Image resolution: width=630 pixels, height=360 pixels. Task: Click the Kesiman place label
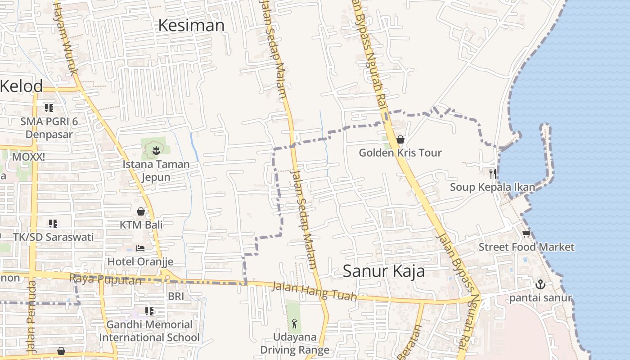pos(191,26)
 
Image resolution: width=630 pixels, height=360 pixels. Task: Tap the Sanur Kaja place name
pos(384,271)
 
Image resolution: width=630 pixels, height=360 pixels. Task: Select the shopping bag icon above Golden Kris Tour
pos(400,140)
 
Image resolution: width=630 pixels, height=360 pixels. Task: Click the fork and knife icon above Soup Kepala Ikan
pos(493,173)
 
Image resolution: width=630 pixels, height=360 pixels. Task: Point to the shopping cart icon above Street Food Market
pos(526,234)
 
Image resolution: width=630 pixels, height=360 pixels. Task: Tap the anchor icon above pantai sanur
pos(540,284)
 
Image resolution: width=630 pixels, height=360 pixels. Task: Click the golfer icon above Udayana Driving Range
pos(294,323)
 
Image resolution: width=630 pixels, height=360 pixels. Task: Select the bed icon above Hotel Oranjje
pos(140,248)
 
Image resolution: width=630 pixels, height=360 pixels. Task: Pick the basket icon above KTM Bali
pos(141,211)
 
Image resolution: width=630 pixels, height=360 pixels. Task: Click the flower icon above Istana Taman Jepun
pos(156,150)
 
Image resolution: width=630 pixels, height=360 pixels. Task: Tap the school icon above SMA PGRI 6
pos(49,108)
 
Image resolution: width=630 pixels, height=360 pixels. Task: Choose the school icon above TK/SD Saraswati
pos(53,224)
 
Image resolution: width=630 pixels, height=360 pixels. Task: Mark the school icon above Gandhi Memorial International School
pos(149,311)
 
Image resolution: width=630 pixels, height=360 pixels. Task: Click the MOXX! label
pos(28,157)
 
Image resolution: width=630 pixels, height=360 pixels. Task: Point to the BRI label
pos(176,296)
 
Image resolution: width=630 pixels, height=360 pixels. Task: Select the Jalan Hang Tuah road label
pos(314,291)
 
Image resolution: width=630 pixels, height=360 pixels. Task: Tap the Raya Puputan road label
pos(105,279)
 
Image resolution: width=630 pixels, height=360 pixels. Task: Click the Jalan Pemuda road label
pos(31,315)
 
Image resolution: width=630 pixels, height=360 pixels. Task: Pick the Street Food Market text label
pos(526,247)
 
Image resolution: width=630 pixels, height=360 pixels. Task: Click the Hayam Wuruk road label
pos(66,38)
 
